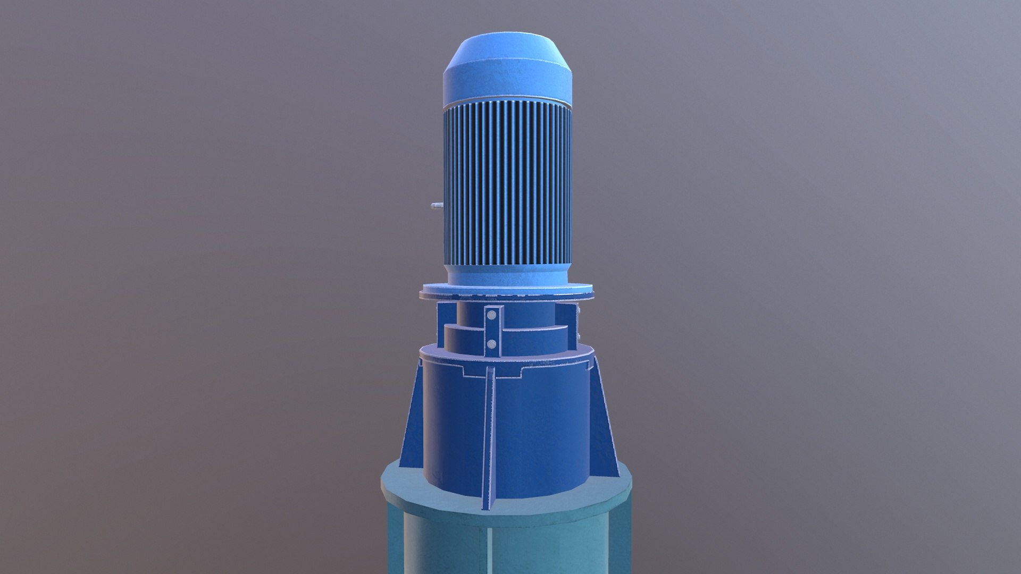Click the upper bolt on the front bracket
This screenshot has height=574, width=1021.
click(x=492, y=315)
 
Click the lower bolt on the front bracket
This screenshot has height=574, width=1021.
click(x=492, y=344)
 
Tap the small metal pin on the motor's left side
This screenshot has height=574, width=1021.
click(x=436, y=205)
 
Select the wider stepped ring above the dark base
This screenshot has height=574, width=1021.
click(x=532, y=340)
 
